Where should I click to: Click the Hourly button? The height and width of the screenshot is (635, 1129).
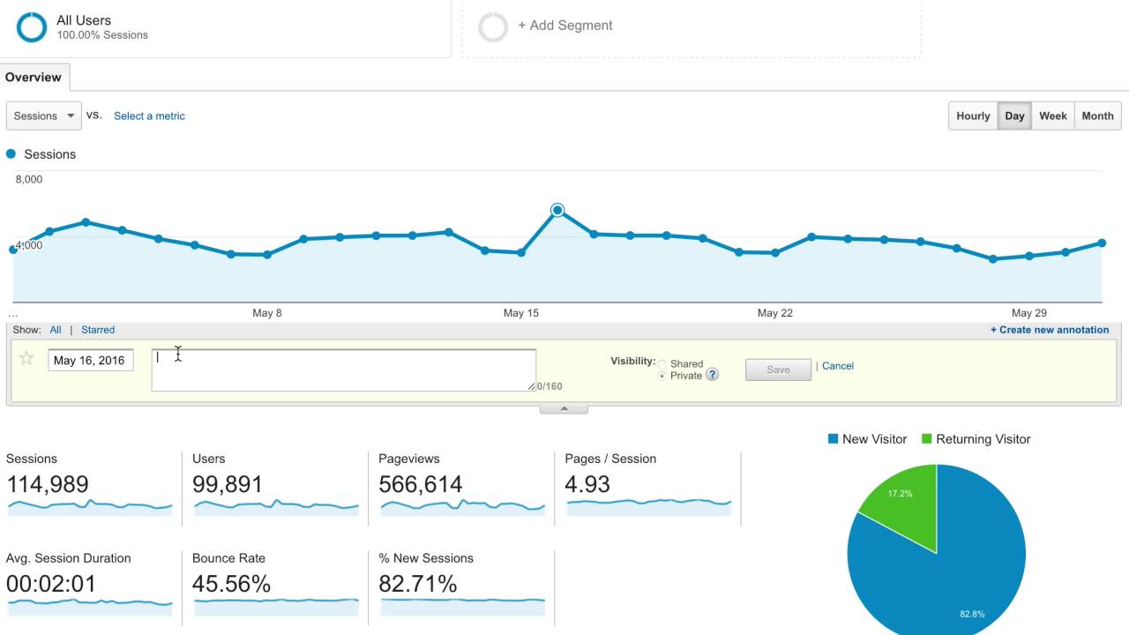pyautogui.click(x=973, y=116)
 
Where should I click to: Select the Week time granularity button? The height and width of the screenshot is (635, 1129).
pyautogui.click(x=1052, y=116)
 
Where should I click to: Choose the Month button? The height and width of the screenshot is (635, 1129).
pyautogui.click(x=1097, y=116)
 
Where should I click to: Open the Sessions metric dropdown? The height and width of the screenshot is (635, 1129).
pyautogui.click(x=43, y=116)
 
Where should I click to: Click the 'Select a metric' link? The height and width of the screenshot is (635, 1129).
pyautogui.click(x=149, y=116)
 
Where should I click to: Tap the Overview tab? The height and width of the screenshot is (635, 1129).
pyautogui.click(x=34, y=78)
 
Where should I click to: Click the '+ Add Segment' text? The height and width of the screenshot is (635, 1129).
pyautogui.click(x=564, y=26)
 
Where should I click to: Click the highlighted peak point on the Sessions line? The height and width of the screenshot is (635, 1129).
pyautogui.click(x=557, y=210)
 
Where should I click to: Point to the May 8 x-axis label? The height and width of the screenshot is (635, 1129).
pyautogui.click(x=266, y=313)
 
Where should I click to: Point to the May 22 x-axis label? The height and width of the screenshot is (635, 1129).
pyautogui.click(x=774, y=313)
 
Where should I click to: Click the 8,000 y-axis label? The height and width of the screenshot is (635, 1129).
pyautogui.click(x=29, y=179)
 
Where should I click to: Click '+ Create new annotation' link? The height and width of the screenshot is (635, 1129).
pyautogui.click(x=1049, y=330)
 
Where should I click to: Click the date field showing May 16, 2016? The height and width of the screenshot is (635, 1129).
pyautogui.click(x=90, y=360)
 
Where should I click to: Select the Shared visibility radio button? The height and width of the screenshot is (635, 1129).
pyautogui.click(x=662, y=364)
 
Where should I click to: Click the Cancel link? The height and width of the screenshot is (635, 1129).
pyautogui.click(x=838, y=366)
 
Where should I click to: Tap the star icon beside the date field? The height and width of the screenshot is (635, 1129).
pyautogui.click(x=26, y=358)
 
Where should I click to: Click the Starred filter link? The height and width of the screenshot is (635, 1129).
pyautogui.click(x=98, y=330)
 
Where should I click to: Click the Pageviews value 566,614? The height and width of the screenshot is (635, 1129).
pyautogui.click(x=420, y=484)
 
